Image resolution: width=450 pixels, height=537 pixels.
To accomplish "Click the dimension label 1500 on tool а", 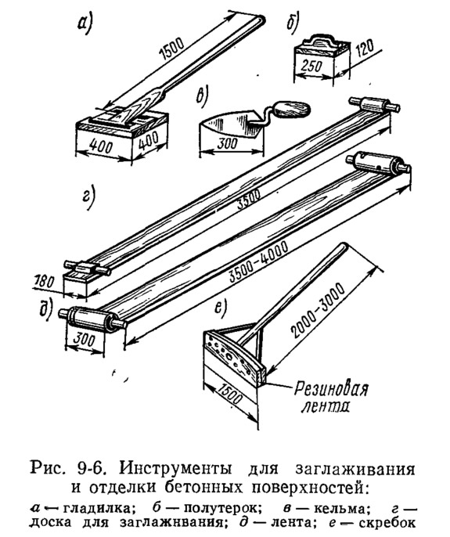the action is pyautogui.click(x=172, y=49).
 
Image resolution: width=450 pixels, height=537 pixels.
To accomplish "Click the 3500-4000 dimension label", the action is pyautogui.click(x=260, y=262).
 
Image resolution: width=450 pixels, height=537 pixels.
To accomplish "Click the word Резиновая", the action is pyautogui.click(x=332, y=390).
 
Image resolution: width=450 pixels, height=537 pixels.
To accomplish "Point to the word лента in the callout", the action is pyautogui.click(x=326, y=406).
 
